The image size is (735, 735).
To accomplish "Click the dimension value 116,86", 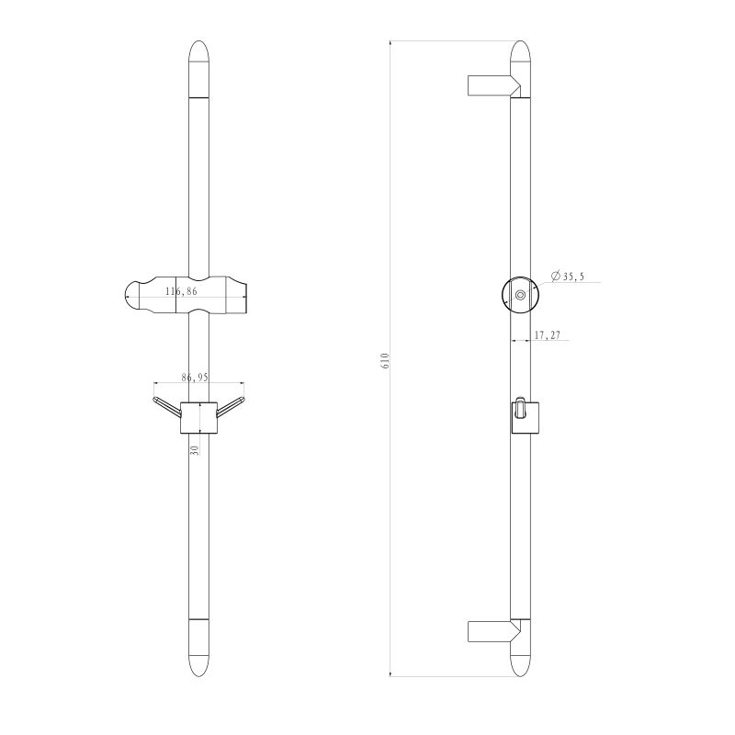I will (180, 291).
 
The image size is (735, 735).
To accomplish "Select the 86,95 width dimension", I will (195, 378).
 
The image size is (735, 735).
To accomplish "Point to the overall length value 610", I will (386, 360).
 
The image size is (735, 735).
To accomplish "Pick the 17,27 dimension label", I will (548, 336).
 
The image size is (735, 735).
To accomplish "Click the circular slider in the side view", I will (520, 294).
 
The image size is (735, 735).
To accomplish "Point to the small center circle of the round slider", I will (521, 295).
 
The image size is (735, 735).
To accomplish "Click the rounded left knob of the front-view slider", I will (136, 296).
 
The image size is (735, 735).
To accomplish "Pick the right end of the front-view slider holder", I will (241, 296).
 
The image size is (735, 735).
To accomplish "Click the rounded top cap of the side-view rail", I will (520, 55).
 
